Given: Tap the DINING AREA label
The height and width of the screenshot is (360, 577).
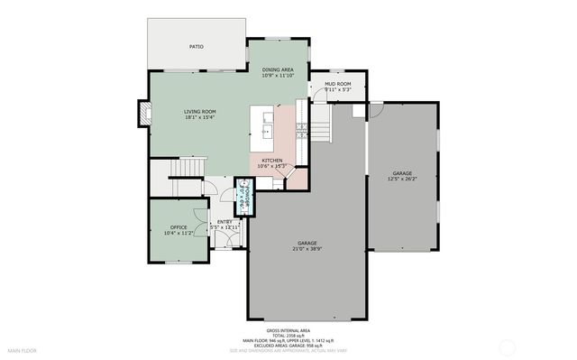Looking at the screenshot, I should (x=277, y=69).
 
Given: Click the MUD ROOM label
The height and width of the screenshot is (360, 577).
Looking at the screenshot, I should (x=337, y=84).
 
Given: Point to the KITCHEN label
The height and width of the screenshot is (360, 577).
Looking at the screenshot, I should (x=271, y=160).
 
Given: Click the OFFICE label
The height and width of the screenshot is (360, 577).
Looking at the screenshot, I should (x=179, y=227).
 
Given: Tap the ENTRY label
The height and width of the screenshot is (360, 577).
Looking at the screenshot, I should (x=224, y=222).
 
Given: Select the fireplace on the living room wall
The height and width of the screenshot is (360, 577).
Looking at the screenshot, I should (x=142, y=112).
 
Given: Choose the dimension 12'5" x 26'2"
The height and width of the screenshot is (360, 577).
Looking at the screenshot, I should (x=403, y=179).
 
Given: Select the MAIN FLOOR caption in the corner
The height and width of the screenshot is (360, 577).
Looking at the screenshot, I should (x=22, y=349).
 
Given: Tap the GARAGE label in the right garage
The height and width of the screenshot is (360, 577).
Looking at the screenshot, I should (x=403, y=172).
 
